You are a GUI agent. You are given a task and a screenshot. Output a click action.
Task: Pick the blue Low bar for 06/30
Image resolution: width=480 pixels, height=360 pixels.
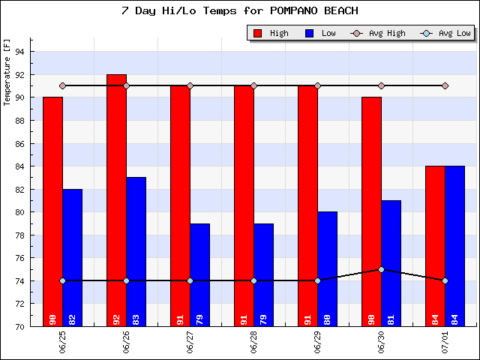tap(391, 262)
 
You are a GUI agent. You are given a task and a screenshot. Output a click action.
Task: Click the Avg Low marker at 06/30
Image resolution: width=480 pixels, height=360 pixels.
tap(381, 269)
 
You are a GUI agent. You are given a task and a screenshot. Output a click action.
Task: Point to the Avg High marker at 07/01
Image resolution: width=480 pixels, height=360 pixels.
tap(445, 85)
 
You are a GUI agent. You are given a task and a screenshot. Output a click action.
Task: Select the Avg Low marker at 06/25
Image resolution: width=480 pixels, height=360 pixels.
tap(62, 280)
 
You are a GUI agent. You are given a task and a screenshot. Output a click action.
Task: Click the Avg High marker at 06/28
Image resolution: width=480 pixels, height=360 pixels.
tap(253, 85)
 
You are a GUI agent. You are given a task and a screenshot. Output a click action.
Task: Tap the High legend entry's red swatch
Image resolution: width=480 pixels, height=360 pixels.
tap(258, 33)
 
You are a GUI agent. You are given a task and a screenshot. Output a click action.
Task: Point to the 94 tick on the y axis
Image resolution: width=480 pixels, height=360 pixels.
tap(20, 52)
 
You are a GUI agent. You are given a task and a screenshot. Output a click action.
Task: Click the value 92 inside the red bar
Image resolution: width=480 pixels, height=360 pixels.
tap(116, 318)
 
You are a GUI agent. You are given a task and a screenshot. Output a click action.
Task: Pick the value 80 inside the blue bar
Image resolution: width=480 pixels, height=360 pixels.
tap(327, 318)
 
